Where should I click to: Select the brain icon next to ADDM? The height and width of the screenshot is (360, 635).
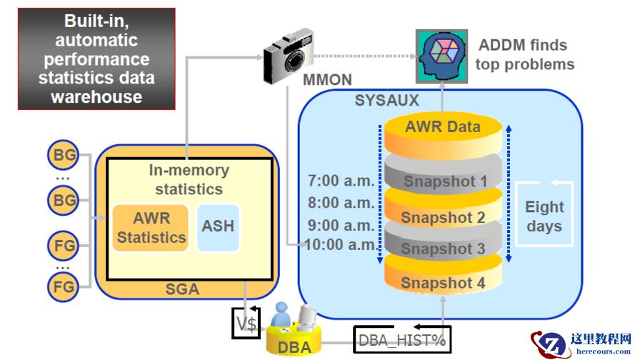point(441,55)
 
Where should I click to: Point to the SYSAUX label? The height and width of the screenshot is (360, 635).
point(386,101)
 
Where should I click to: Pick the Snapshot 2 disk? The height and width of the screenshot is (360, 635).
point(443,216)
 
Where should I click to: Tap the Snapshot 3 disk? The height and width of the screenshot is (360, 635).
point(443,249)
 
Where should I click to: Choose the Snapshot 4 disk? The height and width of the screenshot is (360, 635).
point(443,283)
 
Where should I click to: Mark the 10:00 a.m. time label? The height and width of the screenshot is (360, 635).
point(338,245)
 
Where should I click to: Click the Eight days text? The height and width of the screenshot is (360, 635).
point(544,216)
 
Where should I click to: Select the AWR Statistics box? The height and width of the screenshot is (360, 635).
point(151,228)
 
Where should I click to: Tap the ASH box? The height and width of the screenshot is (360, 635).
point(218,226)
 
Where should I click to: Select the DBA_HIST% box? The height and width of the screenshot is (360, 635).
point(403,340)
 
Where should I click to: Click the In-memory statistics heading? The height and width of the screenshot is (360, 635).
point(189,180)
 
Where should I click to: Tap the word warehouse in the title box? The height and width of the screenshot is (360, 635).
point(96,96)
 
